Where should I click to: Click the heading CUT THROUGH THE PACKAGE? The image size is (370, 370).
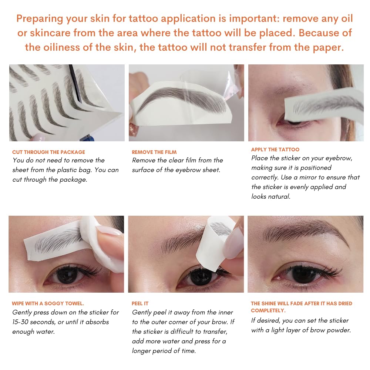click(x=48, y=152)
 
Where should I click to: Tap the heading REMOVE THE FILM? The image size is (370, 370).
click(x=154, y=152)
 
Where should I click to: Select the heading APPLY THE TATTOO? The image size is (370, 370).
click(x=275, y=149)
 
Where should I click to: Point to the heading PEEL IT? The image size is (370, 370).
click(x=140, y=303)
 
